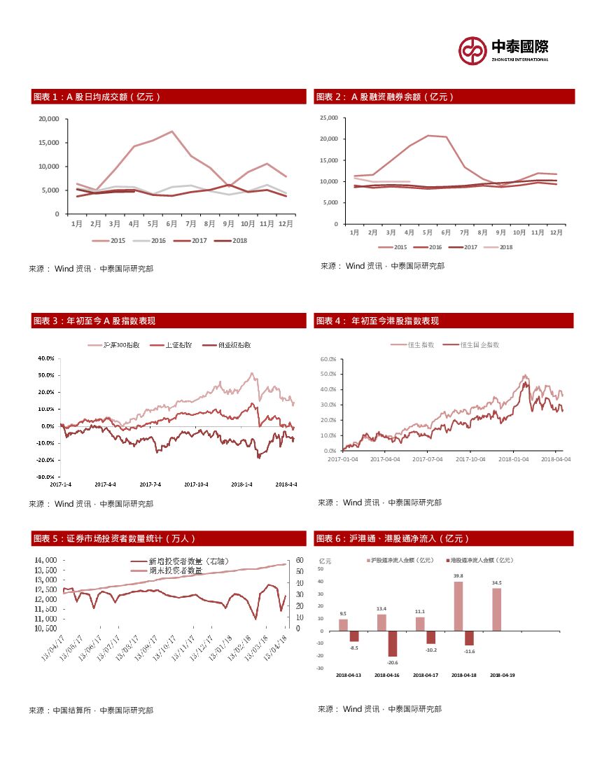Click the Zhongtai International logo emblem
pos(472,49)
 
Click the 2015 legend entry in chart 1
pos(112,240)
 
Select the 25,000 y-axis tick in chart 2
pos(328,118)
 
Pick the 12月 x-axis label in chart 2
pos(556,231)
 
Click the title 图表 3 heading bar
pos(168,321)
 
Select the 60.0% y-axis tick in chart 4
pos(328,358)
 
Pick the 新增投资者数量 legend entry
pos(188,561)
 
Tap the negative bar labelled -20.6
pos(393,644)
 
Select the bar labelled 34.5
pos(496,609)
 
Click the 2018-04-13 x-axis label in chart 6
pos(349,675)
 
